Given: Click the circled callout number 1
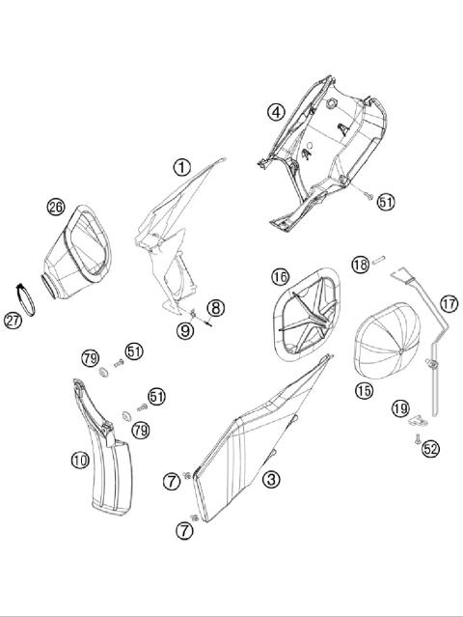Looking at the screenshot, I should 181,167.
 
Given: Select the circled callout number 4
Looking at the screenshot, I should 276,112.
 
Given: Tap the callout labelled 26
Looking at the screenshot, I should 56,207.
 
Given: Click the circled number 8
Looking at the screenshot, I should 216,308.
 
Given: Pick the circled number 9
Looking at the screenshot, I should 184,330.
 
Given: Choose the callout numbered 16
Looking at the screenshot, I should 280,277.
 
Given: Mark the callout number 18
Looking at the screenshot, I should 359,265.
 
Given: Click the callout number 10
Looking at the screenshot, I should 80,460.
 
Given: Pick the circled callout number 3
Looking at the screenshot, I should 272,478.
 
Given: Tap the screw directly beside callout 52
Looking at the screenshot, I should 415,438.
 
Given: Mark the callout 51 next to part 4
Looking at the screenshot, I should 386,202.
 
